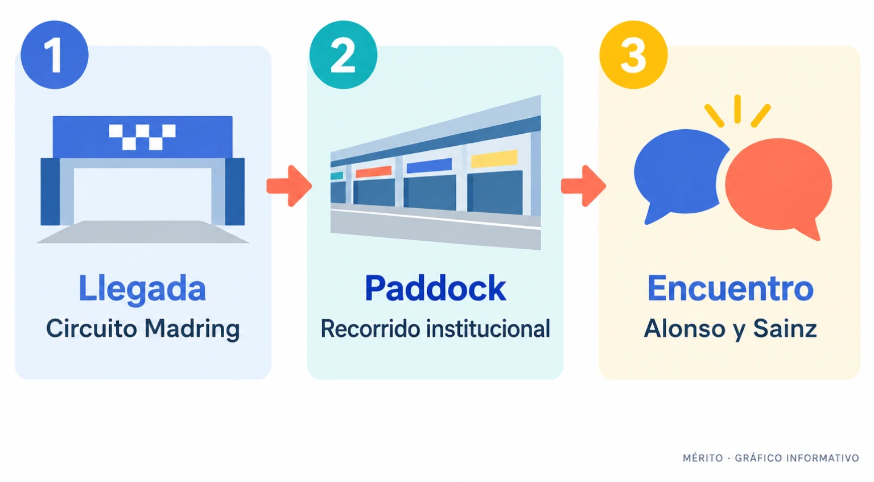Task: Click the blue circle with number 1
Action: click(55, 55)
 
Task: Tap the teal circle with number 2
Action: click(343, 55)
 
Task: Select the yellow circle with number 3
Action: click(633, 55)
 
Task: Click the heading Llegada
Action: click(142, 289)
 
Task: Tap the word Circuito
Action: click(92, 328)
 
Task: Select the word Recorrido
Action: click(370, 328)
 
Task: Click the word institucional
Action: click(488, 328)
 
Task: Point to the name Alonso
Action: click(685, 328)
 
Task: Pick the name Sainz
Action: click(785, 328)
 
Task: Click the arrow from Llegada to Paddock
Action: click(289, 186)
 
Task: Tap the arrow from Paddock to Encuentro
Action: click(583, 186)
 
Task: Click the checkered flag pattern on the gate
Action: click(142, 137)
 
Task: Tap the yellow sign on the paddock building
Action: click(494, 158)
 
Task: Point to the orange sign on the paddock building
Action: click(373, 172)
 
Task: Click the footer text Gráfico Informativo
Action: click(797, 458)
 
